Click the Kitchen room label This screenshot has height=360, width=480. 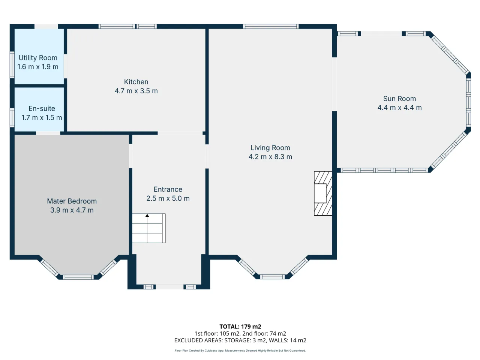point(136,82)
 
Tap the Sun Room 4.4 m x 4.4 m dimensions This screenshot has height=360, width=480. point(399,108)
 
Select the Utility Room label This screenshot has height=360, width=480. point(38,58)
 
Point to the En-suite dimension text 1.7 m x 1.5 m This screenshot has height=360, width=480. point(42,118)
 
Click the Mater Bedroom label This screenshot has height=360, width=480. point(72,201)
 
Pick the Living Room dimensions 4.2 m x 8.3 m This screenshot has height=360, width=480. point(270,157)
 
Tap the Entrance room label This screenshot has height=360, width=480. point(168,189)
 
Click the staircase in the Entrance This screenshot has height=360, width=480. point(149,228)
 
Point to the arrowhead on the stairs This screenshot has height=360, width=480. point(147,216)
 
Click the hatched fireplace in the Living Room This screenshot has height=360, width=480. point(323,193)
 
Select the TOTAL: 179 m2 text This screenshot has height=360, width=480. point(240,327)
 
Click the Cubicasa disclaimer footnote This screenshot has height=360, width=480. point(240,351)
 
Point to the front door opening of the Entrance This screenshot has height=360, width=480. point(169,286)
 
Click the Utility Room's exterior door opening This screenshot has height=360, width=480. point(46,27)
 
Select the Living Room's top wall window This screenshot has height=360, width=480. point(271,27)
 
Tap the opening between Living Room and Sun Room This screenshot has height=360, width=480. point(334,84)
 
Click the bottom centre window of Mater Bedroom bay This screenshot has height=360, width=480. point(78,277)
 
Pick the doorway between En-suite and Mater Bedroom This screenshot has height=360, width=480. point(48,133)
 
